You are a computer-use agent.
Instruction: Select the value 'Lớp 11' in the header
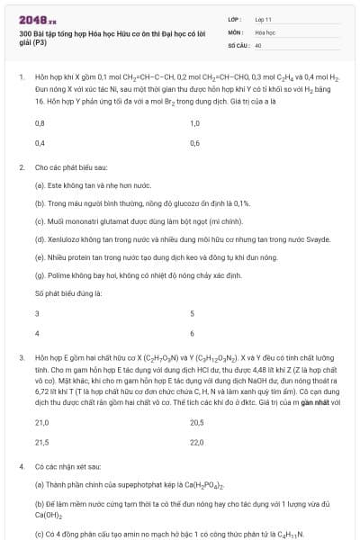[264, 18]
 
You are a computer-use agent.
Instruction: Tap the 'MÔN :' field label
[236, 31]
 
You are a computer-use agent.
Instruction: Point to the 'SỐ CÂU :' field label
[238, 43]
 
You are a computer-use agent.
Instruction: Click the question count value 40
[258, 43]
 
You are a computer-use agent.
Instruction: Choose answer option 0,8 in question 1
[40, 121]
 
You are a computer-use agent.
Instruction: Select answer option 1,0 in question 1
[195, 121]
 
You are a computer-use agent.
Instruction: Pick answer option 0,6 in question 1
[195, 143]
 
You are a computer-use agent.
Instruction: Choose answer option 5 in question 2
[193, 313]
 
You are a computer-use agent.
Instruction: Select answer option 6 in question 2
[193, 334]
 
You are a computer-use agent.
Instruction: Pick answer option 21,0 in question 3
[41, 421]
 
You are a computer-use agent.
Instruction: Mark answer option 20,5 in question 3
[197, 421]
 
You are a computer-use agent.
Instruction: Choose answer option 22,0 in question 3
[197, 443]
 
